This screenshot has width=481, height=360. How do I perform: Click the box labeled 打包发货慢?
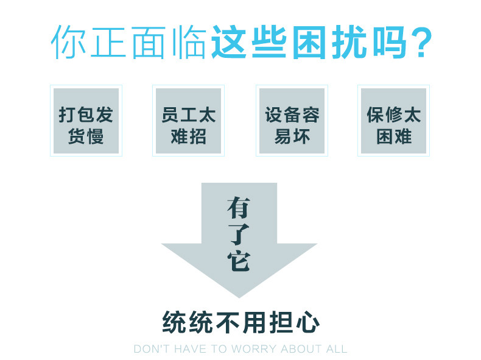[86, 121]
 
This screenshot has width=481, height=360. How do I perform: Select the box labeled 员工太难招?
[188, 121]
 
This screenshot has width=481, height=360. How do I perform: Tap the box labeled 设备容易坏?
[292, 121]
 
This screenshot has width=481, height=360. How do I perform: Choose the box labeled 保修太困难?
[393, 121]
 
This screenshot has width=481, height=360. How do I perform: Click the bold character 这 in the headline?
[230, 42]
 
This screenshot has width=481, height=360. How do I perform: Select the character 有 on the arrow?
[239, 208]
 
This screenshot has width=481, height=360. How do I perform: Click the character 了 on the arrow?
[239, 234]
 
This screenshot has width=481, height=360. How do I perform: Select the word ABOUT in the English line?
[303, 349]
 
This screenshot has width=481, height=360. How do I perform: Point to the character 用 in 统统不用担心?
[253, 322]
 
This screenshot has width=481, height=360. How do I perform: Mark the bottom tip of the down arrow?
[239, 297]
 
